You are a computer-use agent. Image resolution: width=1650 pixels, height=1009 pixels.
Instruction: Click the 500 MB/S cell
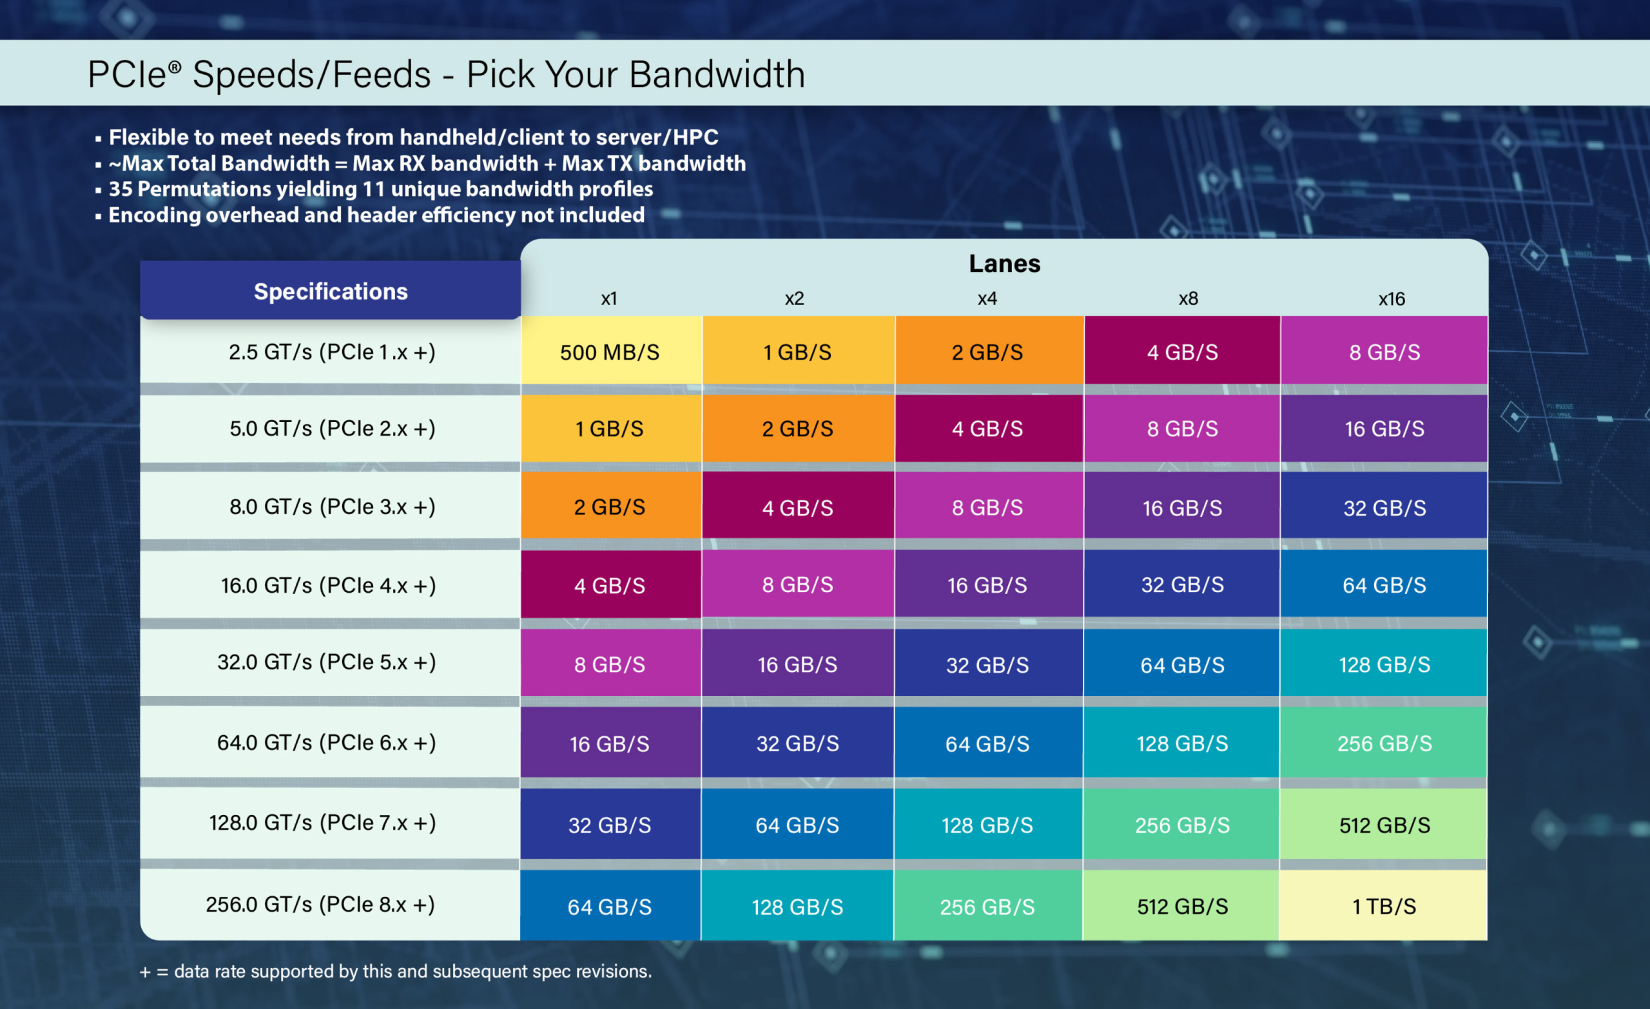click(610, 352)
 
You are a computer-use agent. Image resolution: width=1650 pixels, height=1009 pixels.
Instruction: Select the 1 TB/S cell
click(1383, 907)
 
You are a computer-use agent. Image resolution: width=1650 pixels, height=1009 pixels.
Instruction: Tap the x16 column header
click(1391, 298)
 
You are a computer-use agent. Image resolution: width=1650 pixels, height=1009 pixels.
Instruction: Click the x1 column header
click(608, 298)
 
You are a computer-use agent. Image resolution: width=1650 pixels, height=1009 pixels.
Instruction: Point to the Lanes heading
click(1004, 264)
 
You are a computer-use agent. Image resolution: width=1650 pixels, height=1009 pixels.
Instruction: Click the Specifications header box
click(330, 291)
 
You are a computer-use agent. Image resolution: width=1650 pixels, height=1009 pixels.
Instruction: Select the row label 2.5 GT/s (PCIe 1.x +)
click(331, 352)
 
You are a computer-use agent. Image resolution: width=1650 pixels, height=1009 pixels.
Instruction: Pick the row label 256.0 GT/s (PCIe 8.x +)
click(320, 905)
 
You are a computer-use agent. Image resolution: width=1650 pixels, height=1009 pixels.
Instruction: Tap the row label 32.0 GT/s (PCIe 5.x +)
click(326, 662)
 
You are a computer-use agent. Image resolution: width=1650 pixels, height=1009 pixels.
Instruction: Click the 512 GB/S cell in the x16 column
click(1383, 825)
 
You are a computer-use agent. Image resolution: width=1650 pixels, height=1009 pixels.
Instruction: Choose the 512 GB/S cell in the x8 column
click(1182, 907)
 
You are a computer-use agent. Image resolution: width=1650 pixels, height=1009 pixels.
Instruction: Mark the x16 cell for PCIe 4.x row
click(1383, 585)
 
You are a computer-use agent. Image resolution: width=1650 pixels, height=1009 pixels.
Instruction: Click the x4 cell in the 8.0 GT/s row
click(987, 508)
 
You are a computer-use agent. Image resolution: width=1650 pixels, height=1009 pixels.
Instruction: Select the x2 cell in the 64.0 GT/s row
click(797, 743)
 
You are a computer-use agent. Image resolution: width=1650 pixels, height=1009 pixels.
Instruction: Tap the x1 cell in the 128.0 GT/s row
click(609, 825)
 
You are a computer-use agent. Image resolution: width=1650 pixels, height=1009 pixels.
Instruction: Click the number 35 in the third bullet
click(121, 189)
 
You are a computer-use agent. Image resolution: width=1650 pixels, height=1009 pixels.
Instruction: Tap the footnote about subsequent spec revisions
click(395, 972)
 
